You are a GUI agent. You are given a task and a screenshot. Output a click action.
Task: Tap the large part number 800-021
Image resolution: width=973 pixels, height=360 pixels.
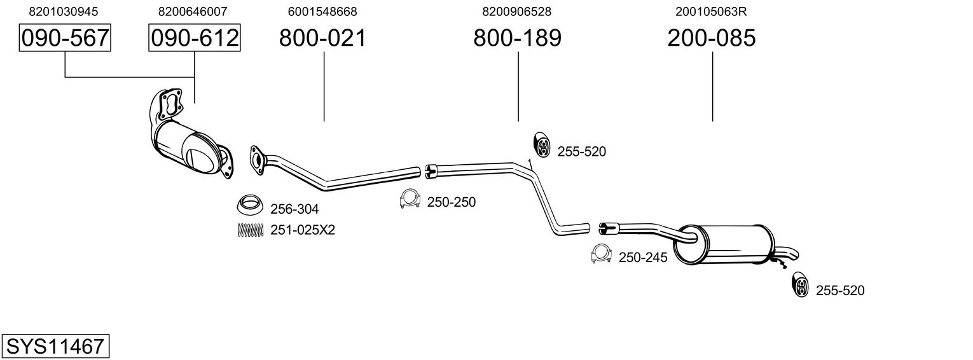tap(323, 38)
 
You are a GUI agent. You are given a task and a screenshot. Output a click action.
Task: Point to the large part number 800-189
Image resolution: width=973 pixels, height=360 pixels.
tap(517, 38)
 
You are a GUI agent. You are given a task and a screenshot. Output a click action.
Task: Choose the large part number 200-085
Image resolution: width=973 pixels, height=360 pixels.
tap(712, 38)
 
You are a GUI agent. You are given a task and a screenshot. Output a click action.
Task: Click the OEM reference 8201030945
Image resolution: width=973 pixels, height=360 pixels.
tap(64, 11)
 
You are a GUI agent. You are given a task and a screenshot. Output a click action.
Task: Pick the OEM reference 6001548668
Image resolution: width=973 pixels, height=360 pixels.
tap(322, 11)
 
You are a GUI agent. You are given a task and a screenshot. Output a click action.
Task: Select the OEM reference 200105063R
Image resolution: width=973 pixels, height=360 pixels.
tap(712, 11)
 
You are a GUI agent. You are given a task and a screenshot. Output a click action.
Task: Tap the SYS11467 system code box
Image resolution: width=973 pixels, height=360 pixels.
tap(55, 347)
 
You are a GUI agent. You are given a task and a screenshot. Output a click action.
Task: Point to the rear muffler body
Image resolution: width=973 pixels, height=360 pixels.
tap(725, 244)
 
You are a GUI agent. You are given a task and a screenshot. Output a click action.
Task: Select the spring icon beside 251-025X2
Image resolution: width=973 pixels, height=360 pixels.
tap(249, 230)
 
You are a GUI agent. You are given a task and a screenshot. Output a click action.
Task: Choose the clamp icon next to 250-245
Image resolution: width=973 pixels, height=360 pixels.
tap(601, 254)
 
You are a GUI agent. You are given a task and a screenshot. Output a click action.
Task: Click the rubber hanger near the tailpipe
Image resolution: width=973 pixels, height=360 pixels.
tap(799, 286)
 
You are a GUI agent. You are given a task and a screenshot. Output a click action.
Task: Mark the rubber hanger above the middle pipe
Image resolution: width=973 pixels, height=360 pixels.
tap(542, 145)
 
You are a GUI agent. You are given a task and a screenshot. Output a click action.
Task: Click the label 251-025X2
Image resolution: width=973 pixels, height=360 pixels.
tap(302, 230)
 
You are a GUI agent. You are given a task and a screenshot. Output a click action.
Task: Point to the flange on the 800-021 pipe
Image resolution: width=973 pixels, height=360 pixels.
tap(256, 159)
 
